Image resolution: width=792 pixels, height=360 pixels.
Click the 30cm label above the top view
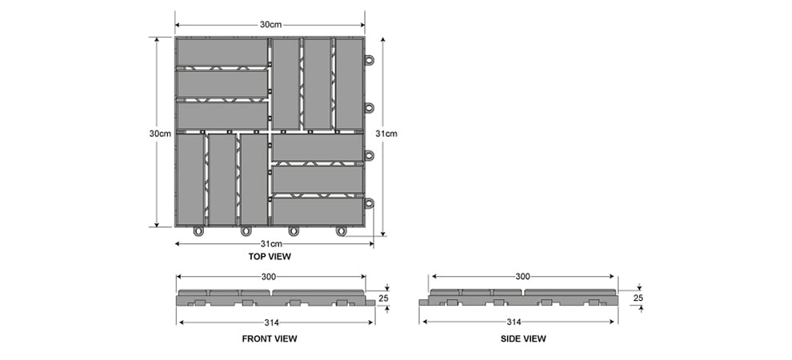click(270, 25)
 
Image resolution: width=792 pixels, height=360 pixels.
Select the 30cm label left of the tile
click(160, 134)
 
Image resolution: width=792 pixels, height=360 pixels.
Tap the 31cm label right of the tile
click(386, 134)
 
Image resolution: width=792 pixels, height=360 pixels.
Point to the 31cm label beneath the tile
click(270, 244)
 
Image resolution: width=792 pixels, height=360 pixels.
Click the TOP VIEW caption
click(270, 257)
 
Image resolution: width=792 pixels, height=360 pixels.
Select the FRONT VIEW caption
click(270, 338)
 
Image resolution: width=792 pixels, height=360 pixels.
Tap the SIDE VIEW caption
click(523, 338)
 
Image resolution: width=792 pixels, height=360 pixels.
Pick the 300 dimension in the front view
click(270, 277)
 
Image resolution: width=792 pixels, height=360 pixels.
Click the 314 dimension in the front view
click(272, 322)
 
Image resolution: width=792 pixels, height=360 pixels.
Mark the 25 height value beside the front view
click(384, 298)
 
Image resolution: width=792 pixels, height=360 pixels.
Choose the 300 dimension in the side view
click(522, 277)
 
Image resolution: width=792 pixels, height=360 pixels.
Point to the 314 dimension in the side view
click(514, 322)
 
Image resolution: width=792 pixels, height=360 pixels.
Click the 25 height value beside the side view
click(638, 298)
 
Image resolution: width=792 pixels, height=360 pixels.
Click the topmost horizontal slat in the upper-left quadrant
click(222, 53)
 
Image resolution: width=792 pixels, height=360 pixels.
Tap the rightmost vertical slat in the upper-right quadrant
click(349, 84)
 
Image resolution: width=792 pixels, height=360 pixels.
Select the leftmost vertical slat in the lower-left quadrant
click(190, 179)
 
